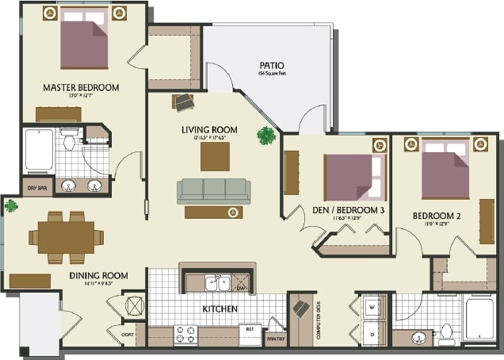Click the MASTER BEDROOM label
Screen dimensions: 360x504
81,87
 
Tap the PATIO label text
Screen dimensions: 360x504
271,65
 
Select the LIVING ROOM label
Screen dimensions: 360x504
209,128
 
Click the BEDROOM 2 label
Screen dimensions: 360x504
437,215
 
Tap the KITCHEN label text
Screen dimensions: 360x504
220,308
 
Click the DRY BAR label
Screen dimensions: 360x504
36,188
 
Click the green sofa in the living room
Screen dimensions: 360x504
214,190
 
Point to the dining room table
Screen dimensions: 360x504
67,236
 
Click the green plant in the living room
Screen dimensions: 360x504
265,136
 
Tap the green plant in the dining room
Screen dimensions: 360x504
11,206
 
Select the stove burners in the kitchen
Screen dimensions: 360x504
185,334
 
